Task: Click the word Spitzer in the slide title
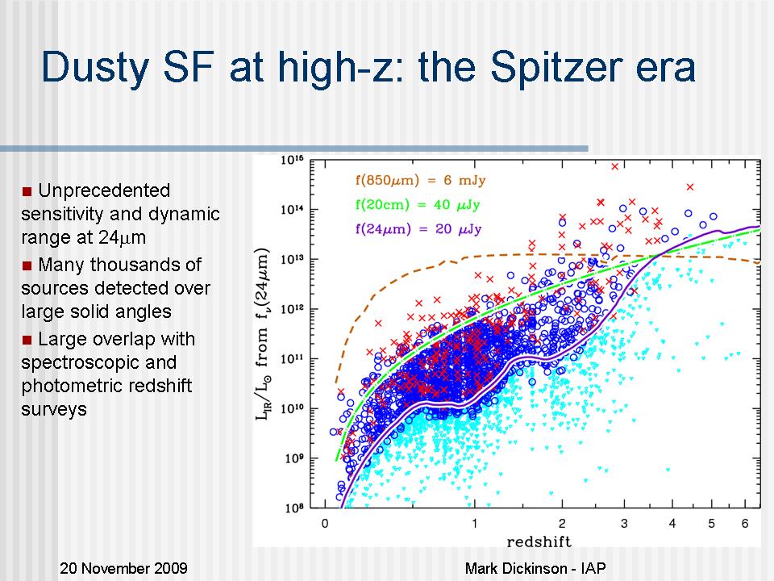[559, 68]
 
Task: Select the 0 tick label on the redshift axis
[324, 524]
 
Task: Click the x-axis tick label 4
[672, 524]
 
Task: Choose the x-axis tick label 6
[746, 524]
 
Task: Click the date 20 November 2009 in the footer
[123, 568]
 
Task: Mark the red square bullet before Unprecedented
[27, 191]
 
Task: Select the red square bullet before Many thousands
[27, 265]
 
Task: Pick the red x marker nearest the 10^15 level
[614, 166]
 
